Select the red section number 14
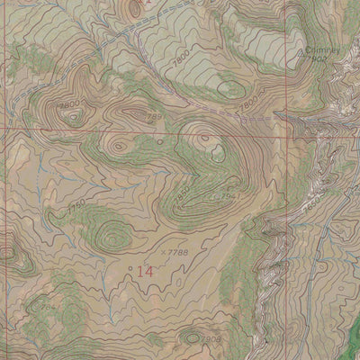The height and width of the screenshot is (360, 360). coord(144,270)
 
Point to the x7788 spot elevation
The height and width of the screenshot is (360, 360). coord(176,254)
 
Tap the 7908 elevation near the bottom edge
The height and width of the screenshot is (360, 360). coord(210,339)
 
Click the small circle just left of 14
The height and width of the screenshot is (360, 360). coord(131,268)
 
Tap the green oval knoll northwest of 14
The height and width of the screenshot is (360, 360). coord(112,236)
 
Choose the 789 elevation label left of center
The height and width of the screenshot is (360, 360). coord(152,117)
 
